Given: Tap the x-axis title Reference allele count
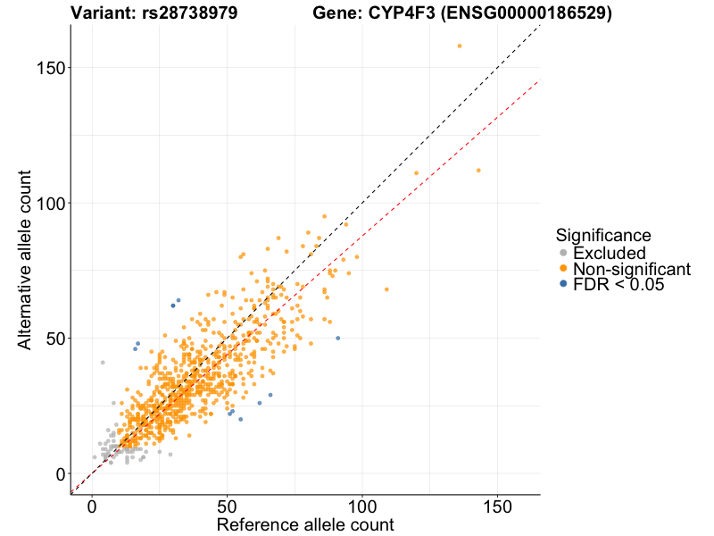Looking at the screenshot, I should click(304, 524).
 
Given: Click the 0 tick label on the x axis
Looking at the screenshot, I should click(92, 506).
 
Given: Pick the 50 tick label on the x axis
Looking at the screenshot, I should click(227, 506).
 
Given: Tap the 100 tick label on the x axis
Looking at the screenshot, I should click(362, 506).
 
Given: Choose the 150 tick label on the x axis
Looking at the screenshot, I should click(497, 506).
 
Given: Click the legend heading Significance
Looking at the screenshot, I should click(603, 235).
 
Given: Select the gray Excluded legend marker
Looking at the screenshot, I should click(563, 254).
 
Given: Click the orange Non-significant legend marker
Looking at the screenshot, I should click(563, 269).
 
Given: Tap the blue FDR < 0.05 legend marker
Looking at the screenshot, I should click(563, 284).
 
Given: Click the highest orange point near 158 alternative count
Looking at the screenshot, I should click(460, 46).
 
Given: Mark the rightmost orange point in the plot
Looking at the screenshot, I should click(478, 171).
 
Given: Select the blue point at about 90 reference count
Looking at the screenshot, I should click(337, 338).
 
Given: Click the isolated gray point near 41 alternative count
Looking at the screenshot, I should click(103, 363).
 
